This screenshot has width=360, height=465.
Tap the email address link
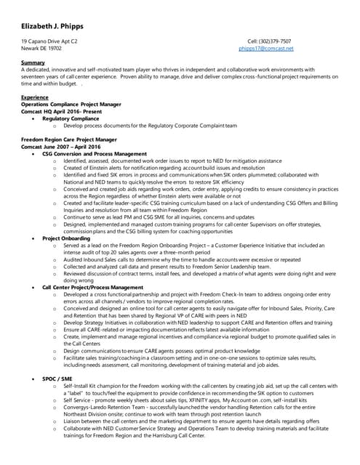click(x=265, y=48)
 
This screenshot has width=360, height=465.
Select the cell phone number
click(x=269, y=41)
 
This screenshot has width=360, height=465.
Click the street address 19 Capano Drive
click(x=49, y=41)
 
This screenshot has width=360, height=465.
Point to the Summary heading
click(x=33, y=63)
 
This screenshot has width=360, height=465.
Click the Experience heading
click(x=35, y=97)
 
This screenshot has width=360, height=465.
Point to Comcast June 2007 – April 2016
click(x=61, y=147)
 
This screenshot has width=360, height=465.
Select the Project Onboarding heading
click(x=67, y=238)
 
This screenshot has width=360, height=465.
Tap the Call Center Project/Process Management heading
click(x=93, y=287)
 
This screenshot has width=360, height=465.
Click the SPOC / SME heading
click(x=57, y=379)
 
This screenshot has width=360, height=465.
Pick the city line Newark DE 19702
click(x=41, y=48)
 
